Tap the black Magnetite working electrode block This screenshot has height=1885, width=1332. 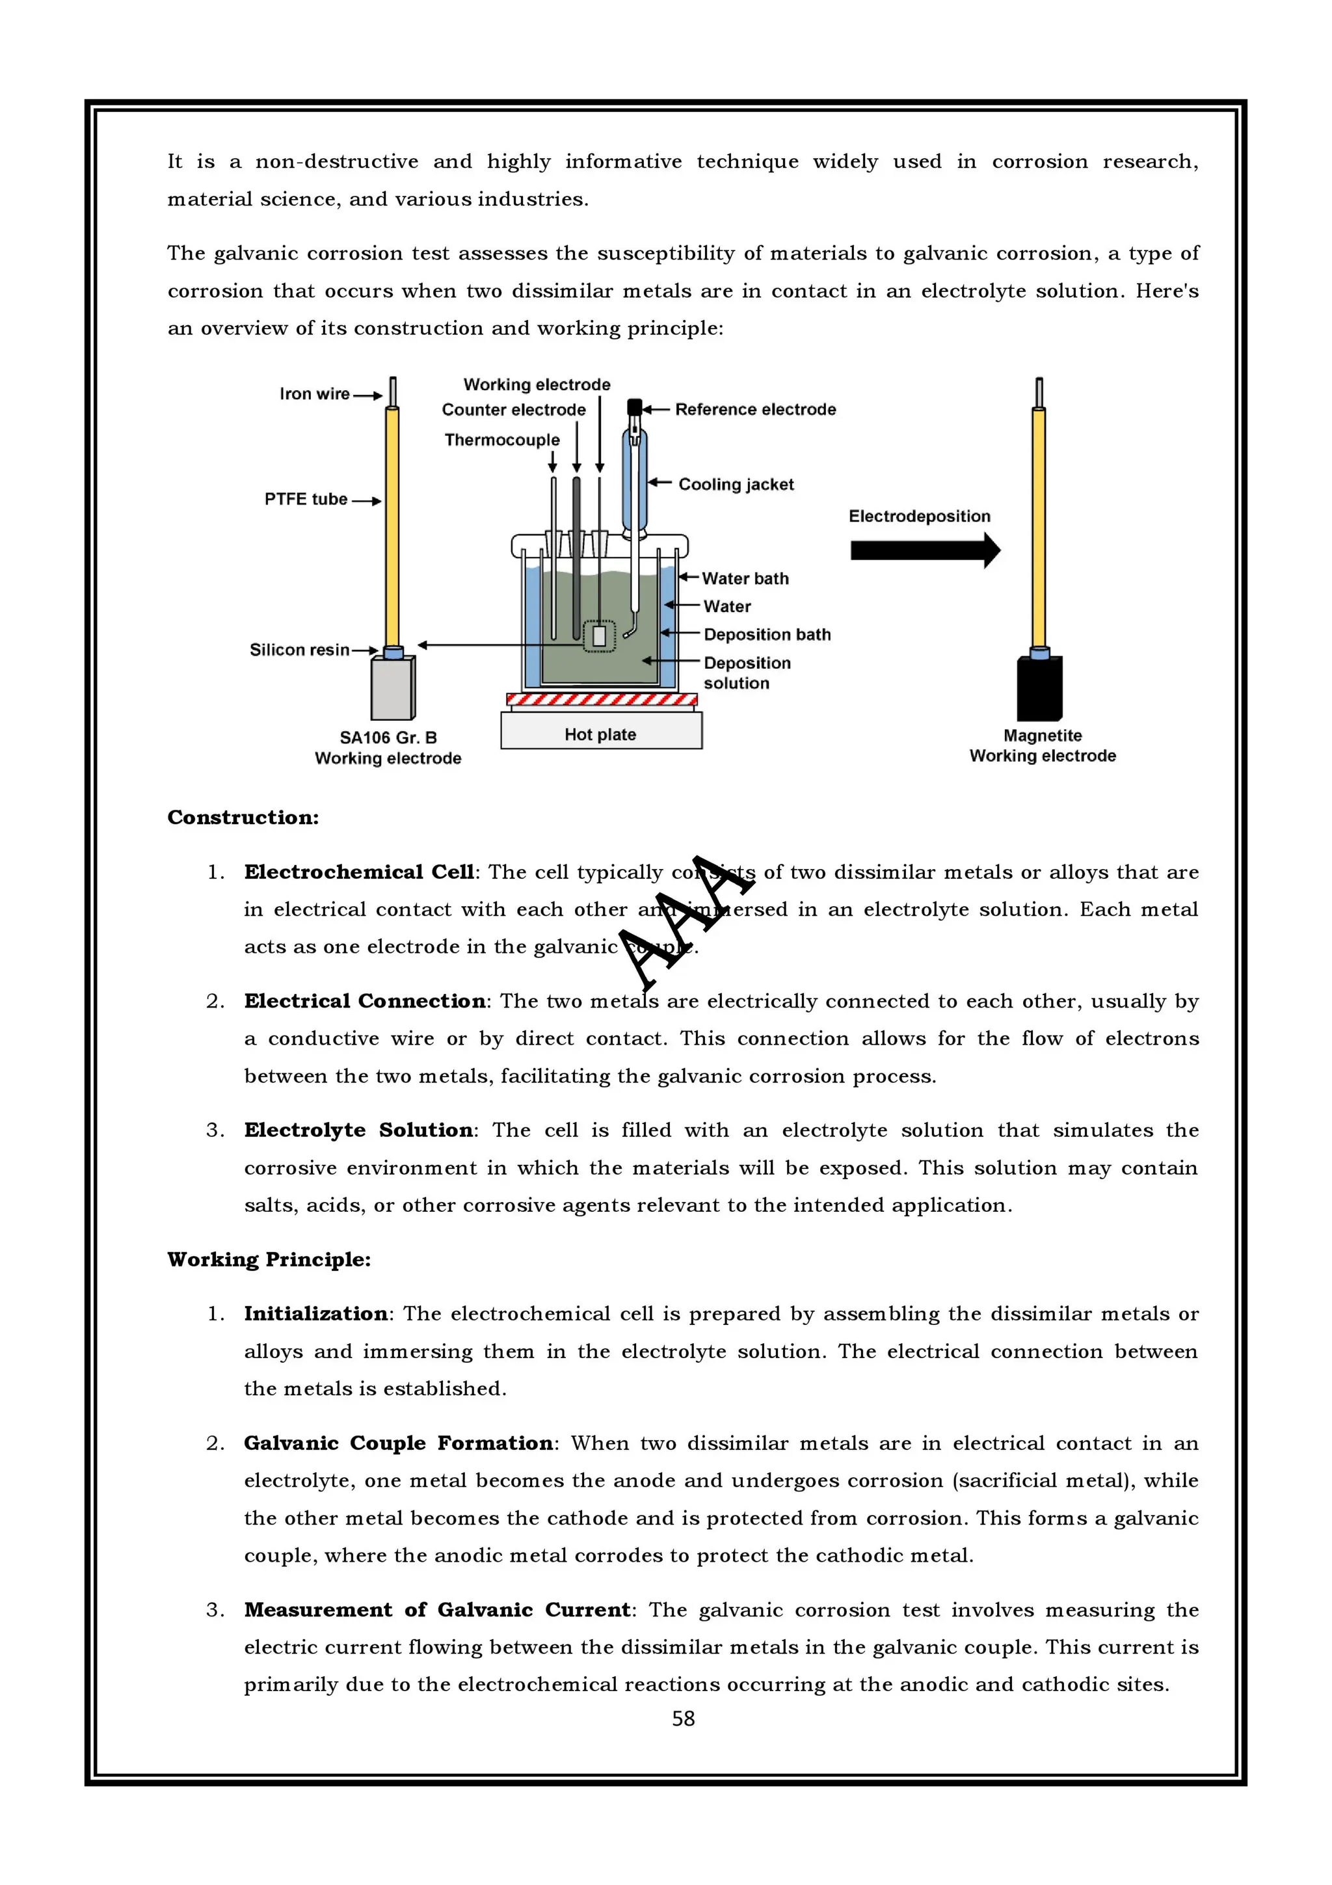1039,689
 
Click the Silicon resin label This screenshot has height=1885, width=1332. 300,649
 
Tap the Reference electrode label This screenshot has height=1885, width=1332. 755,409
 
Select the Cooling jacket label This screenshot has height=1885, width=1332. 736,485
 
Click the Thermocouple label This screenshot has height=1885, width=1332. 501,440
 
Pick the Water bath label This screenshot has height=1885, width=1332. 745,578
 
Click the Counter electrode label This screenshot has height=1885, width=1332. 513,410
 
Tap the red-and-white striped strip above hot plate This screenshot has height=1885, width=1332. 602,699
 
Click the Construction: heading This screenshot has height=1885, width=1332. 243,817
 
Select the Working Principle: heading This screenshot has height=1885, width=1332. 269,1259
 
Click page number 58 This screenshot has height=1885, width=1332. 683,1718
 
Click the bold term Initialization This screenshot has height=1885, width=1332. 316,1314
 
